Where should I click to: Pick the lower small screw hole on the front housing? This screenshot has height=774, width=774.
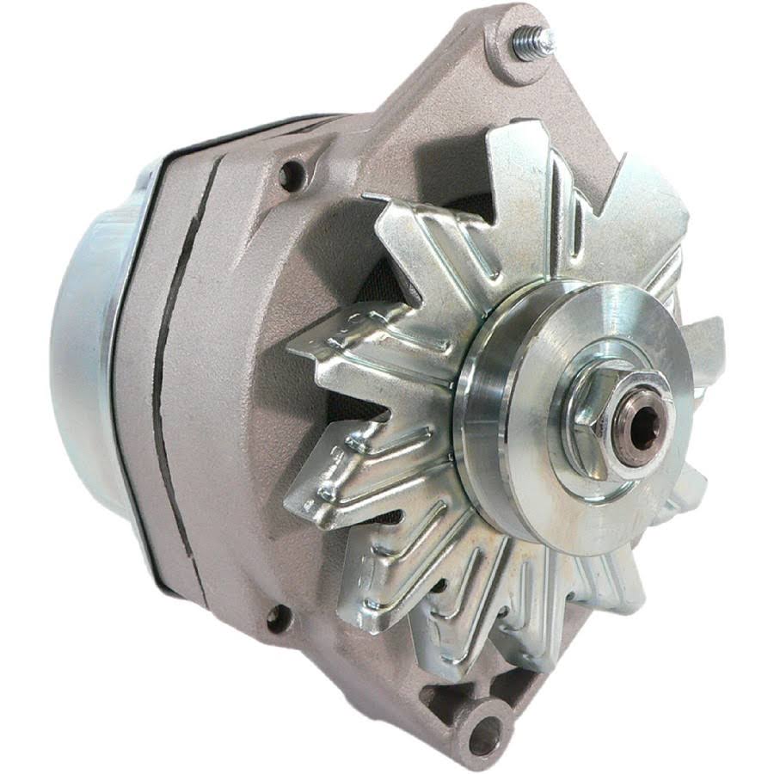pos(277,617)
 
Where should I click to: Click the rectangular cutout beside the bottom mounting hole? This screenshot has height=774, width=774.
pos(447,697)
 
